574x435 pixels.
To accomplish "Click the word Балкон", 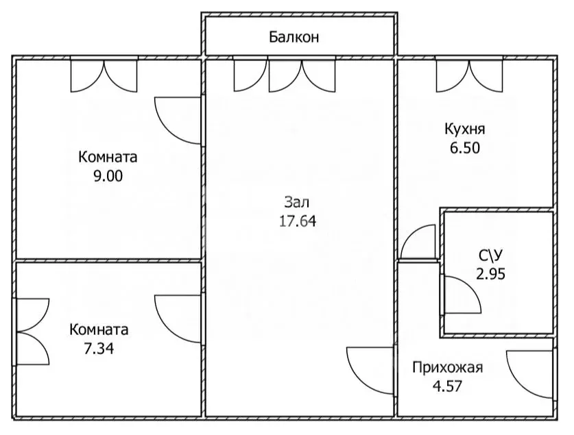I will click(x=294, y=37).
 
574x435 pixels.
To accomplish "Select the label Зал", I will click(x=297, y=203).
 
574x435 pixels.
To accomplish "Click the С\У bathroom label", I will click(x=492, y=256).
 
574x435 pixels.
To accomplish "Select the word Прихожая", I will click(x=447, y=368).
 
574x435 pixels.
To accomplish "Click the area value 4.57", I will click(x=447, y=385).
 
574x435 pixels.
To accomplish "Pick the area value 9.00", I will click(x=108, y=175).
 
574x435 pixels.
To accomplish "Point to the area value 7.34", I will click(x=98, y=348).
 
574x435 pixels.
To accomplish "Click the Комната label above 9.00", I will click(x=108, y=157).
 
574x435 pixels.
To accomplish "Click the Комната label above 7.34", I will click(x=98, y=330).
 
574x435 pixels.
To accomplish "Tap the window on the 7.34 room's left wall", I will click(x=31, y=332).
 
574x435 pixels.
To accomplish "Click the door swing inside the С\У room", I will click(x=461, y=295).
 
